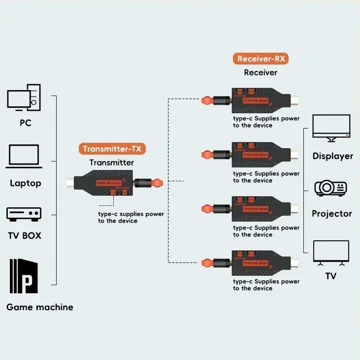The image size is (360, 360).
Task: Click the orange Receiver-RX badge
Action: click(261, 59)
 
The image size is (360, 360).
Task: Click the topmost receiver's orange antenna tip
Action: click(207, 101)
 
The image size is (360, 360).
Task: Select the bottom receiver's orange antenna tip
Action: click(207, 262)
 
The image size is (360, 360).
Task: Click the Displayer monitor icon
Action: click(331, 128)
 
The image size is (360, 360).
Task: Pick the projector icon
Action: click(331, 187)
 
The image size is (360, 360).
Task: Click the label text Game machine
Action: click(40, 307)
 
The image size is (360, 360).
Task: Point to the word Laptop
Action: click(26, 183)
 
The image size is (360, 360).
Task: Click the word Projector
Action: click(331, 214)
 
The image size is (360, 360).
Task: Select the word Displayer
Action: click(332, 156)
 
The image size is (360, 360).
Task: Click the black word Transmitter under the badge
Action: click(111, 163)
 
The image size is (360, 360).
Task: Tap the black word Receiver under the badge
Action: click(261, 72)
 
